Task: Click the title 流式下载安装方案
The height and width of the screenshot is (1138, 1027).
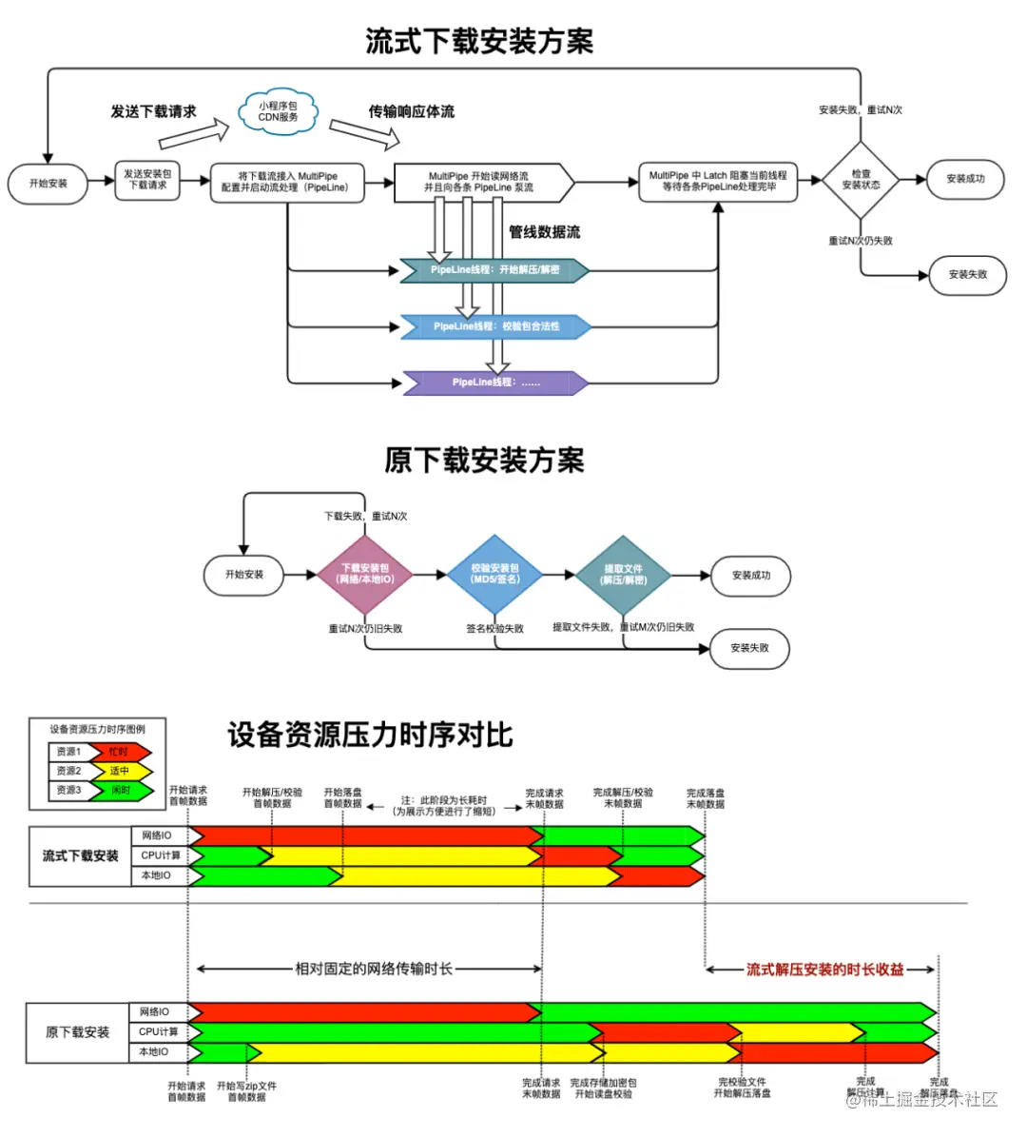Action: click(479, 41)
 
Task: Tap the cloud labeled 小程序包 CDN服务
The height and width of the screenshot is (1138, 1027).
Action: click(278, 112)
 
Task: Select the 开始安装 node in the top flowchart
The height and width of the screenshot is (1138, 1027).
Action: click(48, 184)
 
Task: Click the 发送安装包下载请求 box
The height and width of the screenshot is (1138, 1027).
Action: click(147, 180)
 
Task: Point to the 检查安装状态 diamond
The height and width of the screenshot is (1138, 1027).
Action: click(861, 180)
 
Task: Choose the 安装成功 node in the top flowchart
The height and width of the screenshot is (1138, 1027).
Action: click(965, 179)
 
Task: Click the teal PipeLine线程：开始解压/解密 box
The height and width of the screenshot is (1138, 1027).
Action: click(494, 270)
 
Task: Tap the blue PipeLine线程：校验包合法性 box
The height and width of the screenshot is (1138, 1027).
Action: click(495, 326)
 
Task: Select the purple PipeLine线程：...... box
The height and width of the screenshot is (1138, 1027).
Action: click(495, 383)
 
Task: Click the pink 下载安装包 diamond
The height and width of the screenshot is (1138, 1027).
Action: click(365, 574)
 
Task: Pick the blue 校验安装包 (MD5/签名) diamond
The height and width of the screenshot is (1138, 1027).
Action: click(494, 574)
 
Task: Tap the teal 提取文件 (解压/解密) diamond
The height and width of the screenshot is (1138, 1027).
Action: click(624, 575)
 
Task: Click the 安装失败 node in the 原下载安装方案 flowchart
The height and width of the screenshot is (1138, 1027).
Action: click(749, 648)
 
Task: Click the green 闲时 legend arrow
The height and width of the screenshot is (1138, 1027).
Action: click(120, 790)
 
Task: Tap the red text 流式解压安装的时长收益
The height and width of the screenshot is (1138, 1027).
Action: click(824, 970)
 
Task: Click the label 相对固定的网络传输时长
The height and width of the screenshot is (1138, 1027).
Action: click(374, 969)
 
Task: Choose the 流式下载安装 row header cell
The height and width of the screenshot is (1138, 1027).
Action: click(80, 856)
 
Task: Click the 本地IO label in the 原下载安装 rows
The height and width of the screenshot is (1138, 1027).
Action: click(153, 1052)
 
